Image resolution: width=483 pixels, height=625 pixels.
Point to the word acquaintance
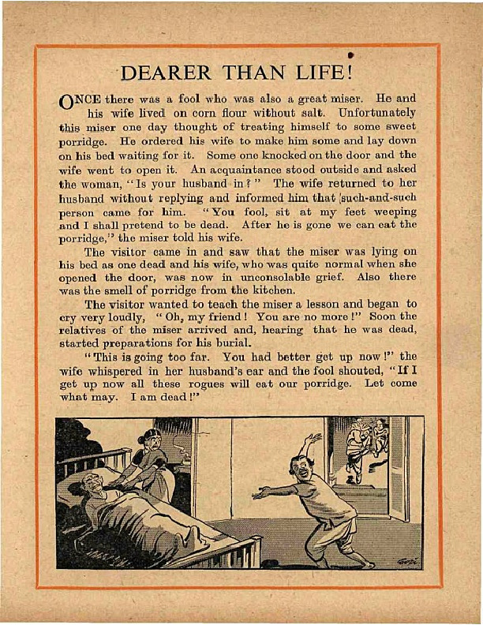[x=260, y=170]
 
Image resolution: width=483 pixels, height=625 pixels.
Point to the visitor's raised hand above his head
[x=314, y=436]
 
